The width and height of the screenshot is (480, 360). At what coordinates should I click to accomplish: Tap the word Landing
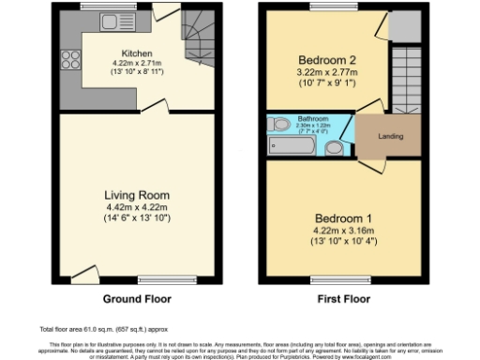[391, 137]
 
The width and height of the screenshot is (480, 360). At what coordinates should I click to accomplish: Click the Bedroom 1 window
[341, 278]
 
